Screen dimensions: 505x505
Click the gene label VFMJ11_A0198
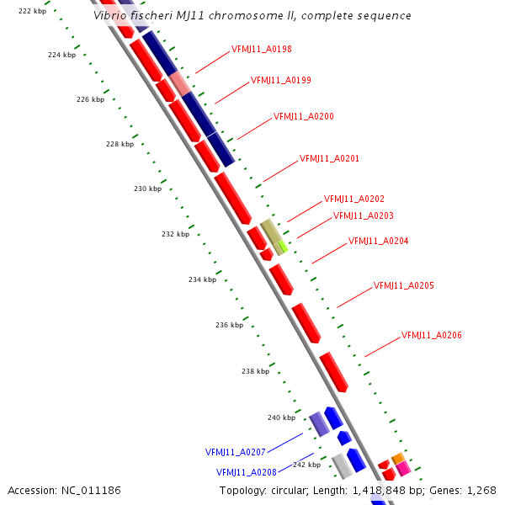click(x=261, y=50)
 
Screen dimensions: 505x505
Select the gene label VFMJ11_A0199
click(x=281, y=81)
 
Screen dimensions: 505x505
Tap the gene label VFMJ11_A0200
click(x=304, y=117)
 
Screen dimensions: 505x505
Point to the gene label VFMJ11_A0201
click(x=330, y=158)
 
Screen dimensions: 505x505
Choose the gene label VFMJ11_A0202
click(x=354, y=199)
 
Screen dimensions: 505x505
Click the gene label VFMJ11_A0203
click(x=364, y=215)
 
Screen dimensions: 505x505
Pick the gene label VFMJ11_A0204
click(x=379, y=242)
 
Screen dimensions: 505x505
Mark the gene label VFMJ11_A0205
click(x=404, y=286)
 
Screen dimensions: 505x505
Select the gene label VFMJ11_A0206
click(x=432, y=336)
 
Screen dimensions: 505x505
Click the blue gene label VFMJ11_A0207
click(x=236, y=452)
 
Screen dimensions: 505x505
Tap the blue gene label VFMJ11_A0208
click(x=247, y=472)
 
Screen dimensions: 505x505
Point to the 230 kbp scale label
click(x=147, y=189)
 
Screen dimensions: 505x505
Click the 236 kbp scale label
click(x=229, y=325)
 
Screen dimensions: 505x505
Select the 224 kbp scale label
click(x=61, y=55)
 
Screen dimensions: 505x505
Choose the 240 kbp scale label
click(x=281, y=417)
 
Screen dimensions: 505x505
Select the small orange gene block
click(x=398, y=458)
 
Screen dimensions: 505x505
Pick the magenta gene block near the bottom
click(x=403, y=468)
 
